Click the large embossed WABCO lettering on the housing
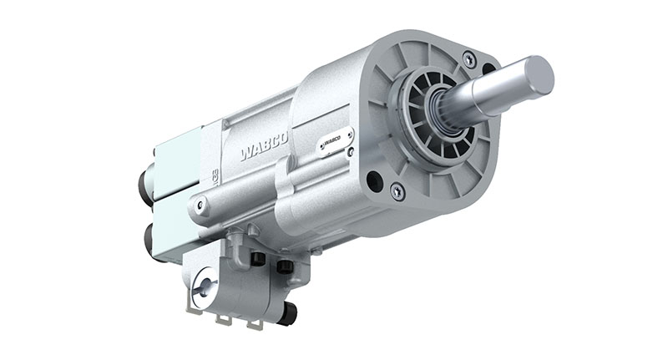(264, 147)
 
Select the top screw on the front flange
(469, 59)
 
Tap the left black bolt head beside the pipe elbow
(258, 260)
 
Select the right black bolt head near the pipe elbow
(285, 266)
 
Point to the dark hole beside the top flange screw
(489, 68)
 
